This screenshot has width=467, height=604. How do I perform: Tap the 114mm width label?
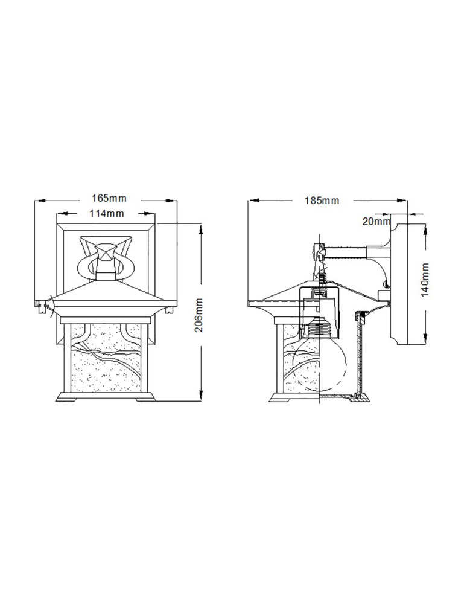tap(106, 214)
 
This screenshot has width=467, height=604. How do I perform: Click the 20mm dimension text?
tap(376, 222)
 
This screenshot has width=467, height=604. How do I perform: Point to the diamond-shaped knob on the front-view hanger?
tap(106, 249)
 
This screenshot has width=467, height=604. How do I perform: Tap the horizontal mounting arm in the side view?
tap(347, 248)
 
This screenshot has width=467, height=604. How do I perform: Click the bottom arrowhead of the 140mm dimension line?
tap(425, 339)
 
